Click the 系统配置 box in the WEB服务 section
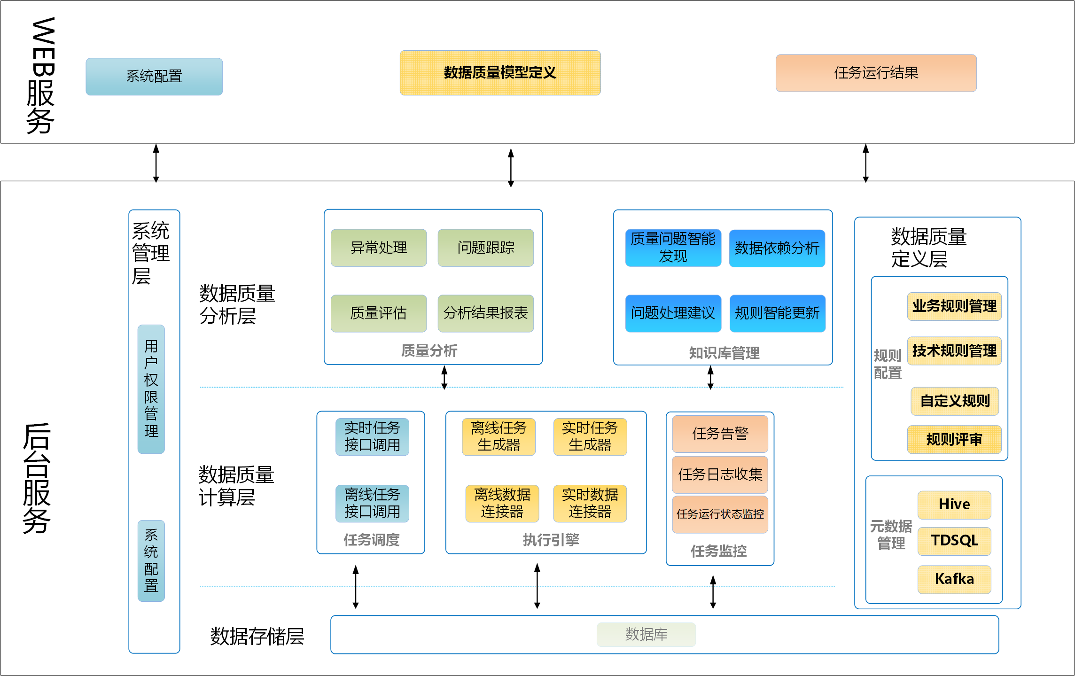tap(154, 77)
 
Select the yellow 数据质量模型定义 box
tap(500, 73)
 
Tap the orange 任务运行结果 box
tap(876, 73)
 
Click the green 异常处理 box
tap(379, 248)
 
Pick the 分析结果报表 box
tap(485, 313)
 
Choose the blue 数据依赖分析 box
tap(777, 248)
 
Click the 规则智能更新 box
tap(777, 313)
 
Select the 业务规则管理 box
tap(954, 306)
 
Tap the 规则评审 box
tap(954, 439)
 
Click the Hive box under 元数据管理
tap(954, 505)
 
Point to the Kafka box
tap(954, 579)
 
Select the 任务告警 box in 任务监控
tap(720, 434)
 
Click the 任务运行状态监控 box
tap(720, 514)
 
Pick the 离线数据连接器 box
tap(502, 503)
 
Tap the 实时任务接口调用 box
tap(372, 436)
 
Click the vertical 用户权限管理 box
tap(151, 389)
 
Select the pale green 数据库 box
tap(646, 635)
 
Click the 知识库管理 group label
tap(724, 353)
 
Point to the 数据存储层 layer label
tap(257, 637)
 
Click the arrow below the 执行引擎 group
tap(537, 586)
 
